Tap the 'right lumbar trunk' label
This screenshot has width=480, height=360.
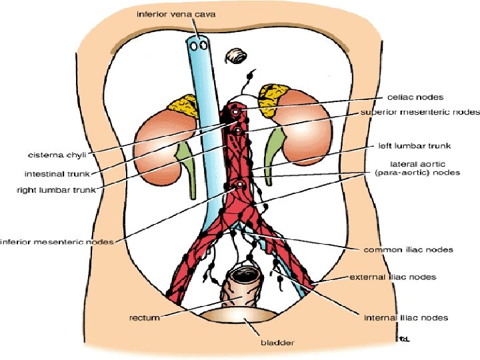point(56,190)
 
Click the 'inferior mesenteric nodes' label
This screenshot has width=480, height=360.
point(57,241)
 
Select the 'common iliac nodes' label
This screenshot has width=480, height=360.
point(408,250)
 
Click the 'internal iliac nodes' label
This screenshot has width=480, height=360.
point(405,318)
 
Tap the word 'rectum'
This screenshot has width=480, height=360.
point(144,318)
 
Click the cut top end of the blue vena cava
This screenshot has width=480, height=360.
point(197,45)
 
